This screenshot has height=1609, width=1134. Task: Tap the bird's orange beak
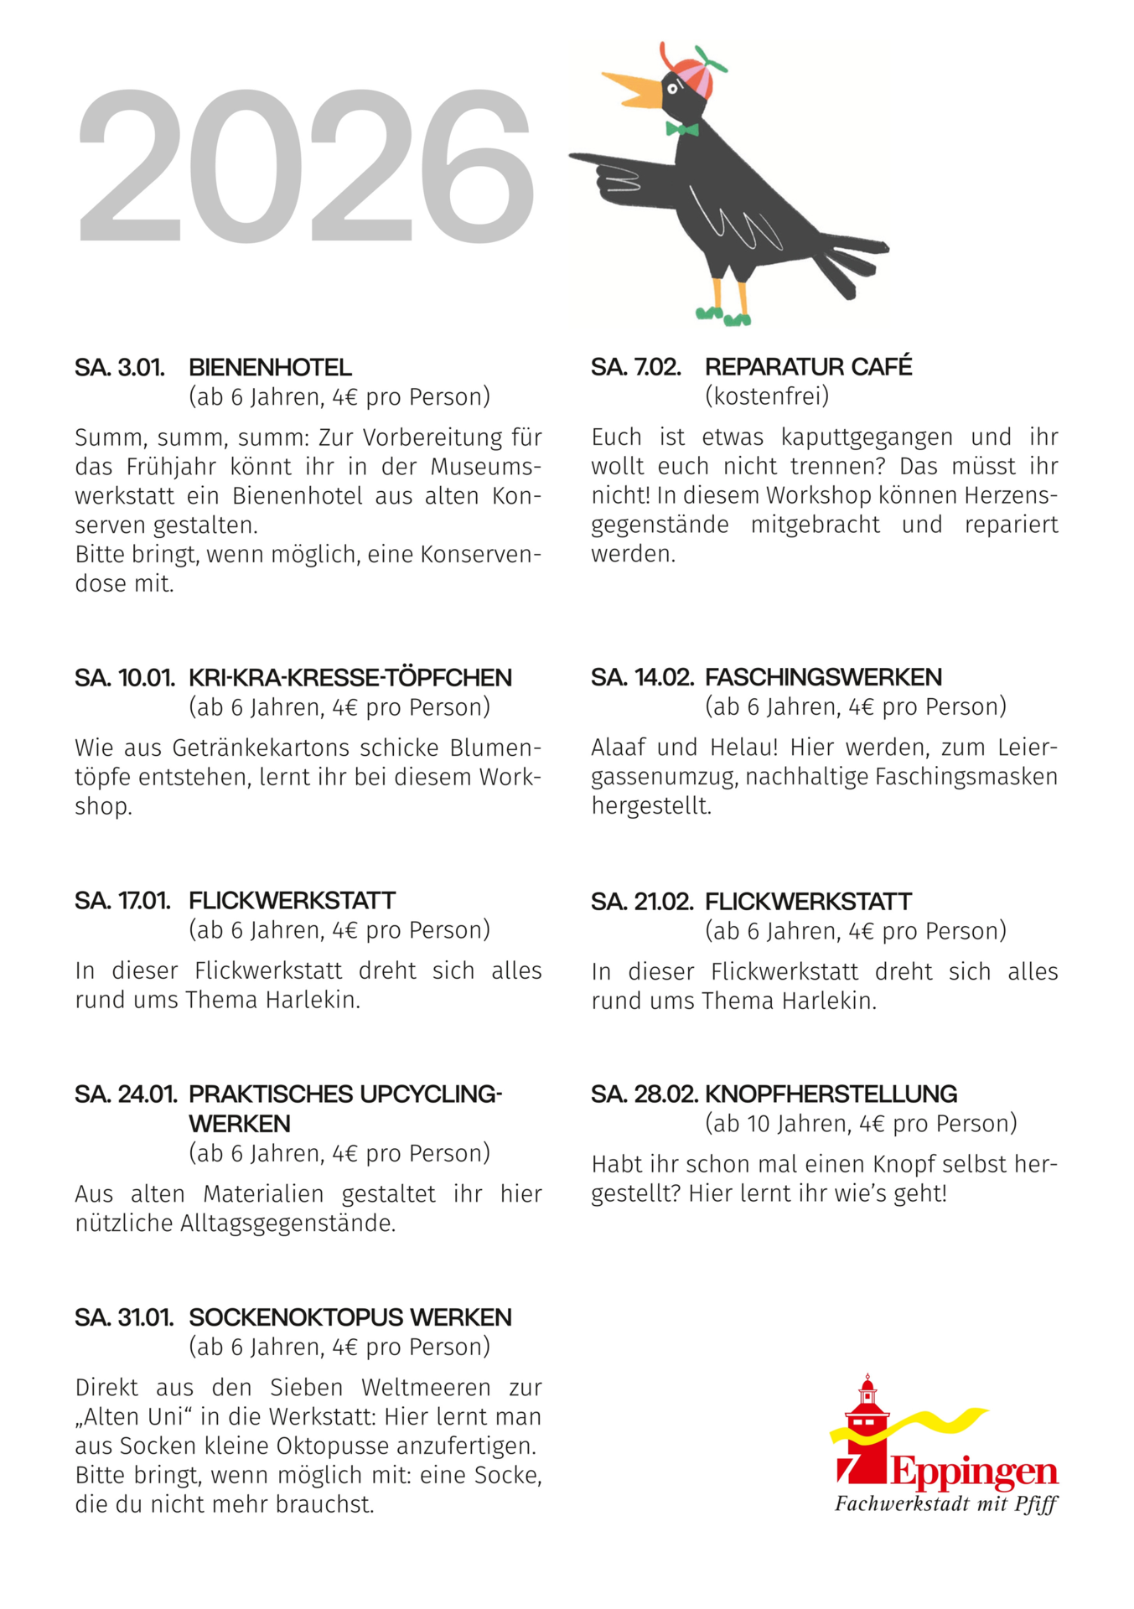point(634,88)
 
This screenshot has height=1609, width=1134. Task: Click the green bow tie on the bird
point(682,129)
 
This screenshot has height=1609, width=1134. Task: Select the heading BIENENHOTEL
point(270,367)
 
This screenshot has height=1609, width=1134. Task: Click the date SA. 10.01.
point(124,677)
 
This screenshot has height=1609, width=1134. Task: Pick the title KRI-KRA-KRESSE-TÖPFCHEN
point(350,677)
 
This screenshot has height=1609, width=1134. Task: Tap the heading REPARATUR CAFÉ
point(808,366)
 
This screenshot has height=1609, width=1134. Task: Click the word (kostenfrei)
point(766,396)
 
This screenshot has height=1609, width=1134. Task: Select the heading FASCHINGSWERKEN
point(823,676)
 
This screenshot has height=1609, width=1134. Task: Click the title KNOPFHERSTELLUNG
point(831,1094)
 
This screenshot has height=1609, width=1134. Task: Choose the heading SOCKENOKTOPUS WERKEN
point(350,1317)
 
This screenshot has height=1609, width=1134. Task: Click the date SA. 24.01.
point(126,1094)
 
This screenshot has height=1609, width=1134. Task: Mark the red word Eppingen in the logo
point(974,1472)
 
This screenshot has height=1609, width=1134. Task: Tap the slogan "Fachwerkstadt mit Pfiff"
point(945,1504)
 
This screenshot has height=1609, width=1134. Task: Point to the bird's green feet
point(722,316)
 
